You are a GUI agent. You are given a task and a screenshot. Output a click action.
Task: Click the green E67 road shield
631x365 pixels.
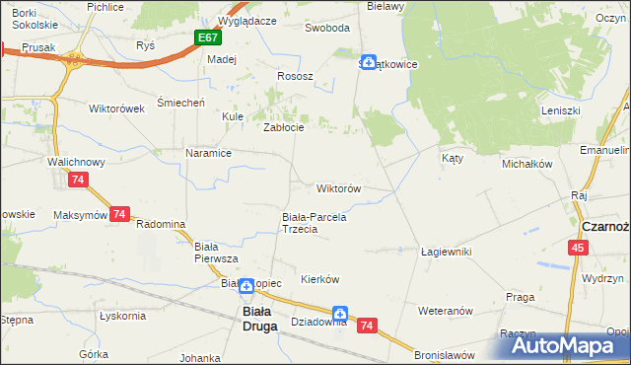point(207,37)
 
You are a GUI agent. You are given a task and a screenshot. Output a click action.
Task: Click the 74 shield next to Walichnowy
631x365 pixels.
point(78,180)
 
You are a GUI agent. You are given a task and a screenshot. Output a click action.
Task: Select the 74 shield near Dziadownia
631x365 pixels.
point(367,325)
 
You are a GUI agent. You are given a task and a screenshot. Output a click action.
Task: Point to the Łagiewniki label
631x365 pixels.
point(446,252)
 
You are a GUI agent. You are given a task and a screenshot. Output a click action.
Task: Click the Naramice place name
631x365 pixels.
point(208,153)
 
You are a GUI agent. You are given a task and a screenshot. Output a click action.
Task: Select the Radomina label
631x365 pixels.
point(161,224)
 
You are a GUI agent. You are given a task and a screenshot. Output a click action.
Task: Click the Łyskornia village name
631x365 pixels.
point(122,316)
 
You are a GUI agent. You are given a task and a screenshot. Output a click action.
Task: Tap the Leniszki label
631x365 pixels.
point(560,110)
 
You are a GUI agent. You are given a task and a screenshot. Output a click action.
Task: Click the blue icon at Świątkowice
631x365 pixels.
point(368,62)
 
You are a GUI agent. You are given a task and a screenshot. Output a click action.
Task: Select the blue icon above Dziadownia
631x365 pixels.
point(340,309)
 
